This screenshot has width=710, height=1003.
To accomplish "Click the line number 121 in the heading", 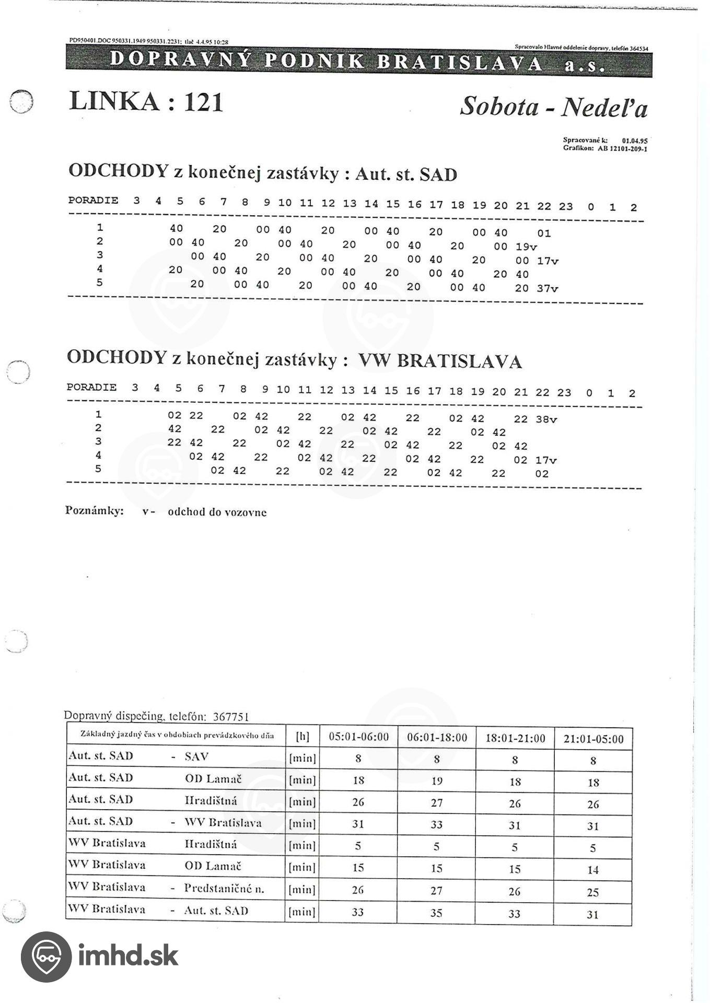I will coord(203,102).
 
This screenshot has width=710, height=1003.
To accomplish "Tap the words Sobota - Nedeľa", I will coord(553,107).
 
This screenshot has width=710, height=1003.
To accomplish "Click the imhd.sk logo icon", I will coord(46,957).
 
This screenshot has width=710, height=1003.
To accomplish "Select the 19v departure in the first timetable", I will coord(526,247).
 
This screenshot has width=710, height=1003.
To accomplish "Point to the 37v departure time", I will coord(548,288).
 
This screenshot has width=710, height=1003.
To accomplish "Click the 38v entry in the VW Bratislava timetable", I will coord(546,419).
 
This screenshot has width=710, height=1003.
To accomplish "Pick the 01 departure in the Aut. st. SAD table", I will coord(544,233).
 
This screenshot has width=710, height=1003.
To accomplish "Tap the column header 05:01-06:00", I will coord(358,737).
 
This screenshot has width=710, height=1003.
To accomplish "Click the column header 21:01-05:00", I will coord(593,739).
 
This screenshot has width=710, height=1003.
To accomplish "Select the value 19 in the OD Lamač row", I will coord(437,780).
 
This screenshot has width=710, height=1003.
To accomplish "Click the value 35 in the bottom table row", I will coord(436,913).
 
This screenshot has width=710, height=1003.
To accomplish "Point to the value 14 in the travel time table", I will coord(592,870).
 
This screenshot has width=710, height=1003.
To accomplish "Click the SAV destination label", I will coord(196,756).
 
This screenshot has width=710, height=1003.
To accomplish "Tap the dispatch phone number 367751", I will coord(230,717).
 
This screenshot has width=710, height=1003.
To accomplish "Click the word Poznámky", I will coord(94,510).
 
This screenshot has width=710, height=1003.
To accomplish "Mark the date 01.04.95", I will coord(635,141).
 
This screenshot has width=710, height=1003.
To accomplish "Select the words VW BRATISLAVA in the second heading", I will coord(439,361).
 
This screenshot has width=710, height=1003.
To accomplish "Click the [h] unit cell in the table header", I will coord(302,736).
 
